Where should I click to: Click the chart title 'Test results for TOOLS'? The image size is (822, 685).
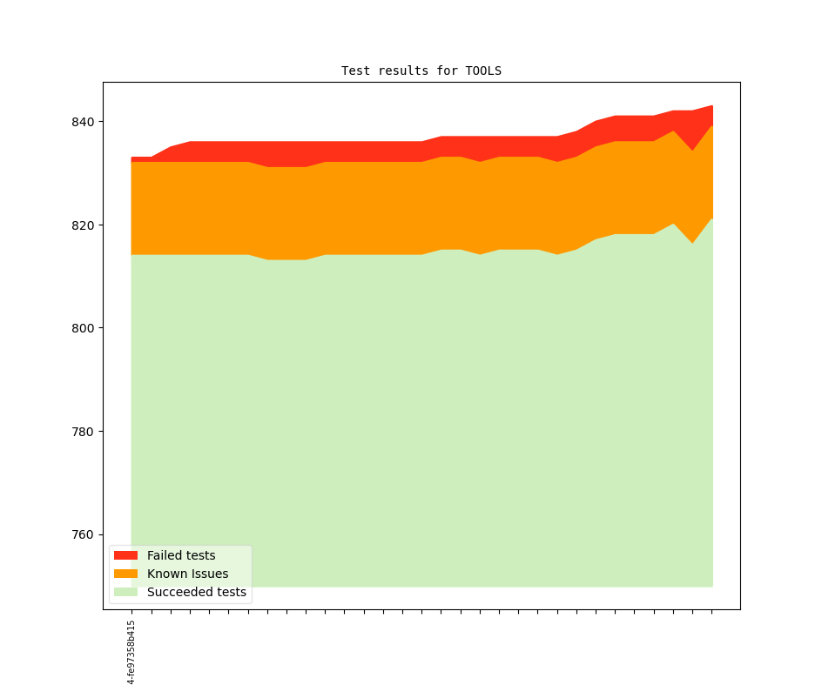tap(421, 71)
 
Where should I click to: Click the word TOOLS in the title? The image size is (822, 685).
tap(483, 71)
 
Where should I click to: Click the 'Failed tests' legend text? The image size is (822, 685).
tap(181, 555)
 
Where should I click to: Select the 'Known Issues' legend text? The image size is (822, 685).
tap(187, 574)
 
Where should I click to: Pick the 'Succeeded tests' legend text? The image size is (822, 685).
tap(196, 592)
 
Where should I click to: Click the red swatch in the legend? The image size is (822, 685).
tap(125, 555)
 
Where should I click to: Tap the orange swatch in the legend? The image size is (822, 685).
tap(125, 574)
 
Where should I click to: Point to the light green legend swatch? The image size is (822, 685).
tap(125, 592)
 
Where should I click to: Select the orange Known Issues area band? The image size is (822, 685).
tap(348, 208)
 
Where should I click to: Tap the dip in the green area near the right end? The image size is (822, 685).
tap(693, 245)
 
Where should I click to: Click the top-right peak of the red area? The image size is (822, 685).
tap(712, 107)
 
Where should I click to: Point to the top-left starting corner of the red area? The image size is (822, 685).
tap(132, 158)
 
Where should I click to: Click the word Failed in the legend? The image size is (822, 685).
tap(164, 555)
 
